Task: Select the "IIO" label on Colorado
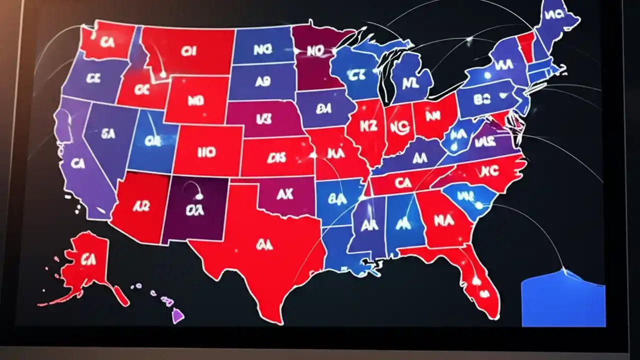(x=206, y=152)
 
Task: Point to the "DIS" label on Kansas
(x=276, y=157)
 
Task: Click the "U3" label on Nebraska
(x=263, y=119)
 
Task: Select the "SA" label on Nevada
(x=108, y=133)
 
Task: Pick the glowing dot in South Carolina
(x=479, y=205)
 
